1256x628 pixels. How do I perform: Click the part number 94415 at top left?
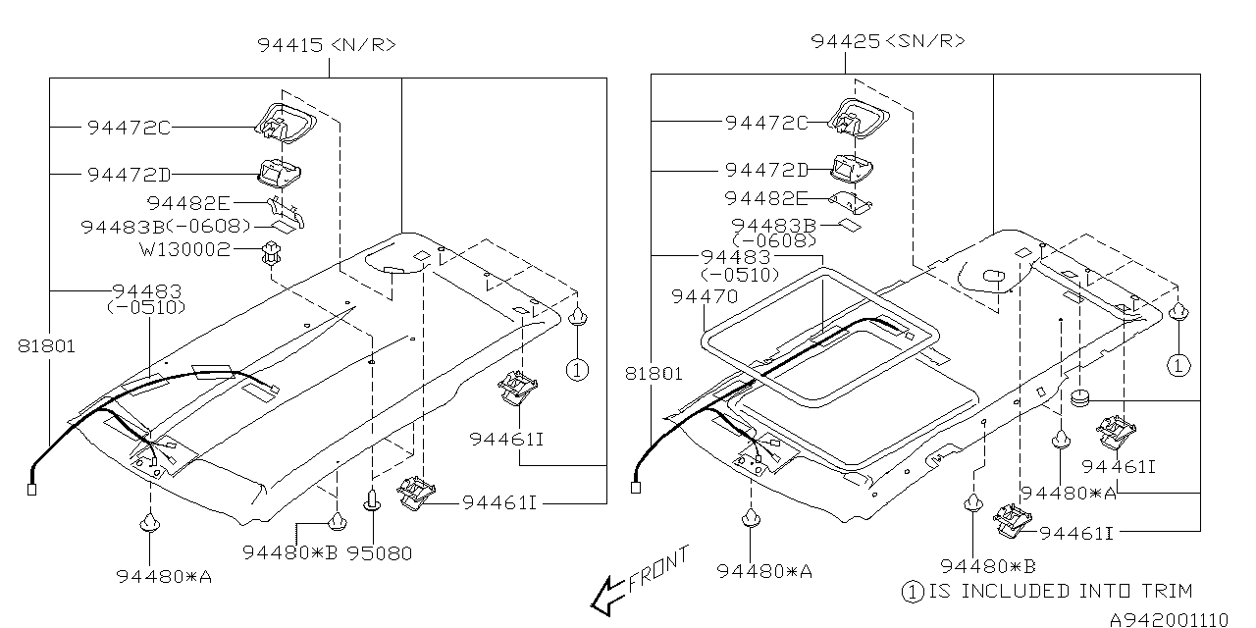(x=290, y=44)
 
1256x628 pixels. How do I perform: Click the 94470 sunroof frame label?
(x=705, y=295)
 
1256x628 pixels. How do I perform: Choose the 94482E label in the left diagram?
(x=188, y=203)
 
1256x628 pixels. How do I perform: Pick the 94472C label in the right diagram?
(x=766, y=123)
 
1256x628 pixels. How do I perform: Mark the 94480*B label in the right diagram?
(x=987, y=565)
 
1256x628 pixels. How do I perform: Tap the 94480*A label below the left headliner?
(x=164, y=576)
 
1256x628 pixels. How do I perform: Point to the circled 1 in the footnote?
(x=913, y=592)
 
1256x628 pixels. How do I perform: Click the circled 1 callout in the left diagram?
(x=578, y=370)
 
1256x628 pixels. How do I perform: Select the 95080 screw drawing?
(x=374, y=501)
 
